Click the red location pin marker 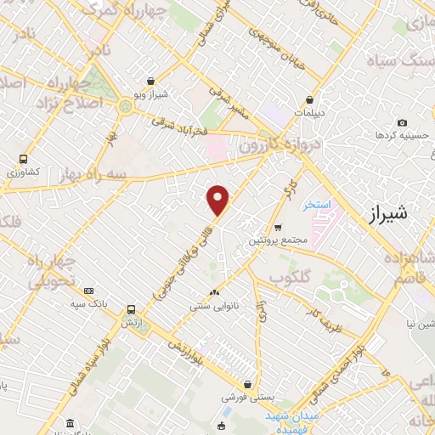pos(218,200)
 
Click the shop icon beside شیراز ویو pos(150,82)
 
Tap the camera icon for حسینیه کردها pos(401,123)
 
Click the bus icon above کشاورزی pos(24,159)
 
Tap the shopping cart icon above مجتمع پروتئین pos(279,227)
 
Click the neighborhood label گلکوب pos(288,277)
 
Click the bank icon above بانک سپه pos(89,291)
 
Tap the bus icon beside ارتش pos(131,310)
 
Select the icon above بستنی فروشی pos(247,383)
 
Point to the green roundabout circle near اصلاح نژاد pos(126,106)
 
